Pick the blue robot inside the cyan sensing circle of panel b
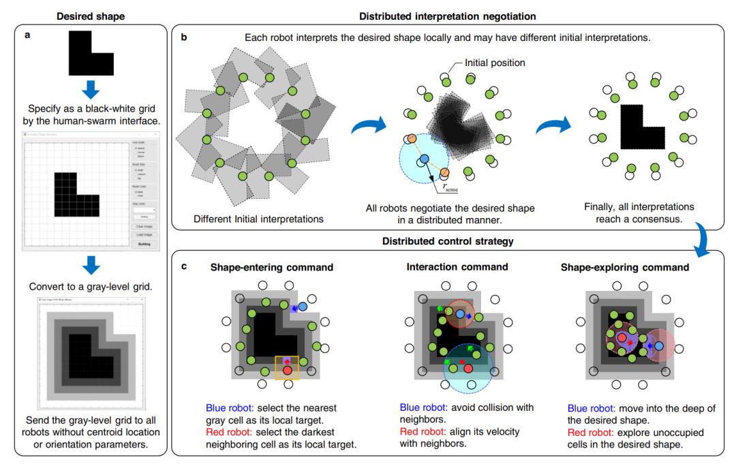click(424, 159)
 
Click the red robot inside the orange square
click(287, 370)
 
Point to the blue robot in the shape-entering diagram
click(303, 307)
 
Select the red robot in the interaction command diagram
click(468, 368)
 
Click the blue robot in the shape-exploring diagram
click(659, 346)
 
